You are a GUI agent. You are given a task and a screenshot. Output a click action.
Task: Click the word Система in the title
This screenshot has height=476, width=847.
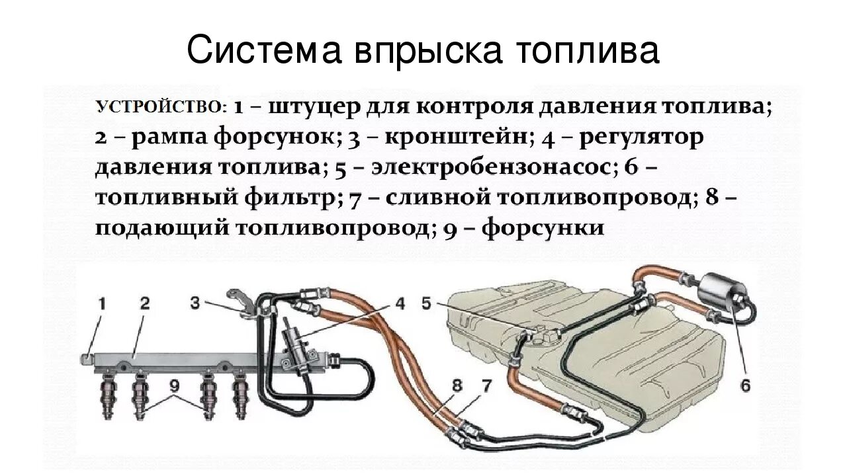[x=257, y=51]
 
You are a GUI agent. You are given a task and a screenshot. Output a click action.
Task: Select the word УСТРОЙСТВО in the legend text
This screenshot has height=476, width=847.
[x=162, y=106]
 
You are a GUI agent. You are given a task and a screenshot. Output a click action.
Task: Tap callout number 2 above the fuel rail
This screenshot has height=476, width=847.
[x=144, y=304]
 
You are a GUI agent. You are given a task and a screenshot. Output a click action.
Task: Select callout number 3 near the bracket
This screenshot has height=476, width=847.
[x=195, y=303]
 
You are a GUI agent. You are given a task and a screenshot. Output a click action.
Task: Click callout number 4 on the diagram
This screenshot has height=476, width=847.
[x=400, y=304]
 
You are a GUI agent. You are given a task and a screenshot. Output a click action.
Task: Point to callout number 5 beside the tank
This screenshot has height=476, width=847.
[x=426, y=303]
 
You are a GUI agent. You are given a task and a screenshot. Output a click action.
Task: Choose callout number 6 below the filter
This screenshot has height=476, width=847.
[x=746, y=385]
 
